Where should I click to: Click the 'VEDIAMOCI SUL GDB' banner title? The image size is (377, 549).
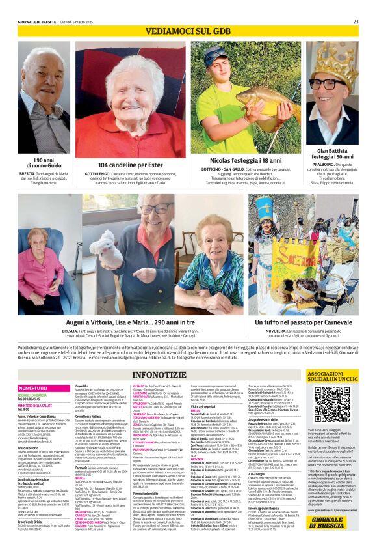click(188, 31)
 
